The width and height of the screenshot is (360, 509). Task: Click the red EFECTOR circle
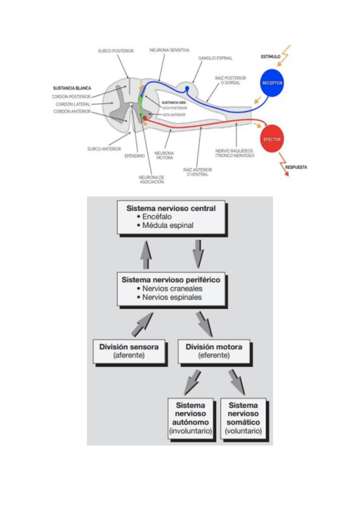tap(272, 139)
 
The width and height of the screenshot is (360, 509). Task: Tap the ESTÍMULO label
tap(271, 57)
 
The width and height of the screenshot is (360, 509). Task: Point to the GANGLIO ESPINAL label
tap(215, 58)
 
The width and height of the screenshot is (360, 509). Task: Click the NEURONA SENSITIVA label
tap(170, 50)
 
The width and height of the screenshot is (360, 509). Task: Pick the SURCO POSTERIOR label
tap(116, 51)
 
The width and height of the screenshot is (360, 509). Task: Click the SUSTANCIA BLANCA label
tap(72, 88)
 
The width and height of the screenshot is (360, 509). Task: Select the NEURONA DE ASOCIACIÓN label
tap(151, 179)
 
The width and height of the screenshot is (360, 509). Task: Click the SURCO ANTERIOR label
tap(101, 149)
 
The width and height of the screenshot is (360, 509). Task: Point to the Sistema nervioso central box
tap(170, 217)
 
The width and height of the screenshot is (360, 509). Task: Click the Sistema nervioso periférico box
tap(170, 288)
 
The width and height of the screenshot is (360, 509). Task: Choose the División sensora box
tap(130, 351)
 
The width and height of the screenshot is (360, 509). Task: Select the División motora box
tap(214, 351)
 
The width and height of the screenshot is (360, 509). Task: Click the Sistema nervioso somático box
tap(243, 418)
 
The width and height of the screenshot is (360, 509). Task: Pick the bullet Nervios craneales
tap(172, 289)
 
